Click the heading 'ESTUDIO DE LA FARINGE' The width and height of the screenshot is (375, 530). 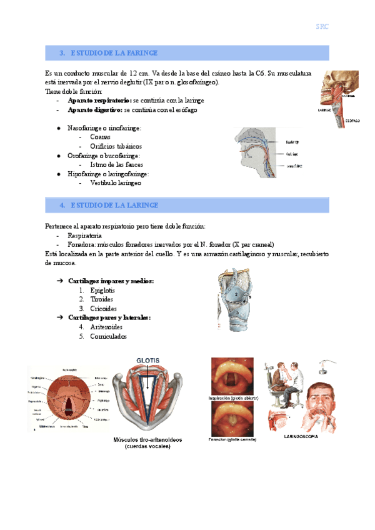point(114,53)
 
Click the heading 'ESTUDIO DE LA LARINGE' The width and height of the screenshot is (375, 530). point(114,205)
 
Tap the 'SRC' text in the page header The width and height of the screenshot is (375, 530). point(322,27)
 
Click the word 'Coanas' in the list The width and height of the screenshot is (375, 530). point(101,136)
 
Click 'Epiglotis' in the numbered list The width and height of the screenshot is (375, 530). point(102,291)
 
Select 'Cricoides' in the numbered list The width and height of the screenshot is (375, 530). point(102,308)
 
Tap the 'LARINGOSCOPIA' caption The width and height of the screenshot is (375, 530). point(301,437)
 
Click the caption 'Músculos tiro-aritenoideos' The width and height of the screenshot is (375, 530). point(148,440)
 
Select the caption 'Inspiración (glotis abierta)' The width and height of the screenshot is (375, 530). point(231,397)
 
